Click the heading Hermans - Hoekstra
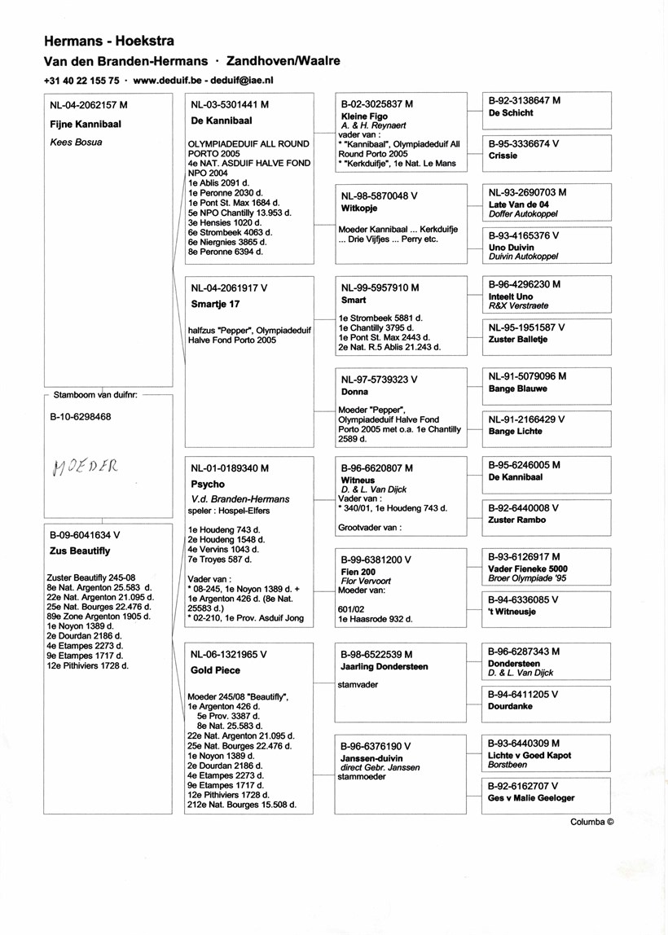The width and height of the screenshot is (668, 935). [x=108, y=41]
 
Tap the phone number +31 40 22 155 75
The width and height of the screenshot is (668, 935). [x=82, y=81]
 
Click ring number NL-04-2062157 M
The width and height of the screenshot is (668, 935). [x=89, y=105]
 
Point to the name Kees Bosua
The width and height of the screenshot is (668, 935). [x=75, y=142]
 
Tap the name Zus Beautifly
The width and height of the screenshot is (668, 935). [x=79, y=551]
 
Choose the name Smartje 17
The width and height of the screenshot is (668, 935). [x=216, y=304]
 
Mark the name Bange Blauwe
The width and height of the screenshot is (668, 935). [x=518, y=388]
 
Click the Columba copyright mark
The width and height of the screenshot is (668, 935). [x=591, y=822]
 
